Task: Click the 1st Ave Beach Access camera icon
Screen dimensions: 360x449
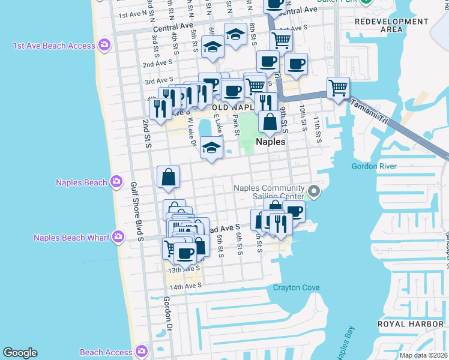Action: [x=104, y=45]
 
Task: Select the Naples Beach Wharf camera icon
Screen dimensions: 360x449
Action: [x=118, y=237]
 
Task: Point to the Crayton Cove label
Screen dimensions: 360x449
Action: [x=297, y=288]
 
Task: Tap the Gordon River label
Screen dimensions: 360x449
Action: [x=375, y=166]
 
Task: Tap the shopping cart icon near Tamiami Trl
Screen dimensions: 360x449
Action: [x=339, y=88]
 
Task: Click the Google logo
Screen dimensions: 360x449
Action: [x=20, y=353]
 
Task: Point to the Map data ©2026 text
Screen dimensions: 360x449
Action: [x=423, y=355]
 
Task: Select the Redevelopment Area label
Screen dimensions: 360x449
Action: [x=391, y=25]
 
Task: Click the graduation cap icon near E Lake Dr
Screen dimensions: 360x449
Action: [x=211, y=147]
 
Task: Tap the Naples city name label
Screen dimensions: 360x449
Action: [x=270, y=142]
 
